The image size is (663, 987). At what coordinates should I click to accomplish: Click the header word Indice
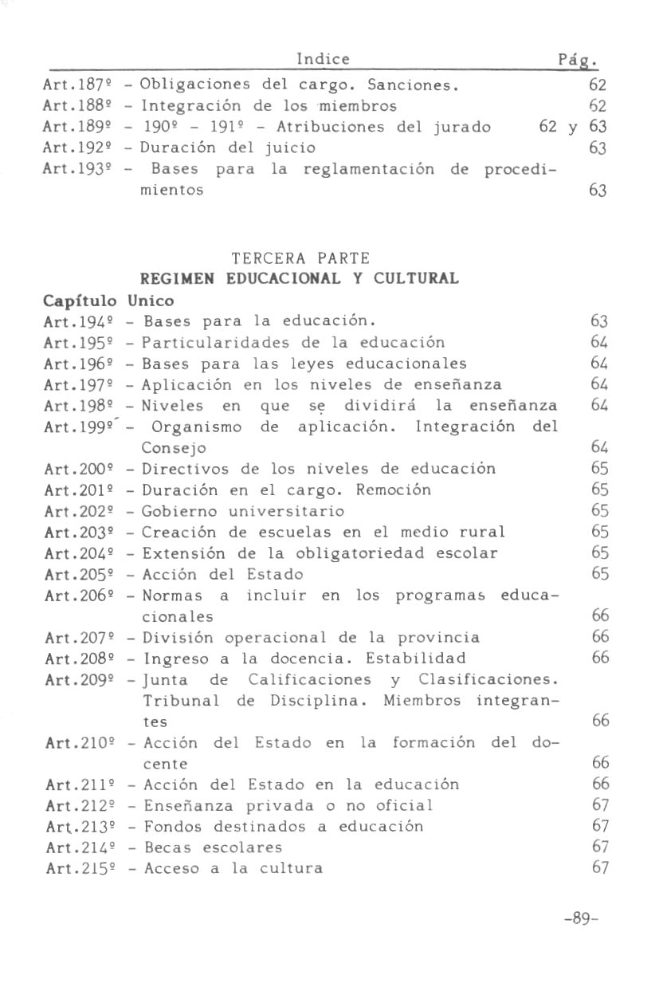(323, 59)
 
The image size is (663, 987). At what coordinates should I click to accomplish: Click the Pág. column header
(579, 61)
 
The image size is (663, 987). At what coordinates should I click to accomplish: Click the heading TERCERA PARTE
(300, 258)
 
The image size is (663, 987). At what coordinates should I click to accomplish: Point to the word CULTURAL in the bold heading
(421, 279)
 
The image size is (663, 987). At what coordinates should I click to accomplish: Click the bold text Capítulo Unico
(108, 301)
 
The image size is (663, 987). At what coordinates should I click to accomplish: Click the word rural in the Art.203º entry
(482, 532)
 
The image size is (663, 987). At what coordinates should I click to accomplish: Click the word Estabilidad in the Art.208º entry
(416, 659)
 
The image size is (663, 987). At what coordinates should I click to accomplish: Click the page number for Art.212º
(600, 805)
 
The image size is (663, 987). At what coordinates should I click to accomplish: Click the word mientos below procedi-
(168, 191)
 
